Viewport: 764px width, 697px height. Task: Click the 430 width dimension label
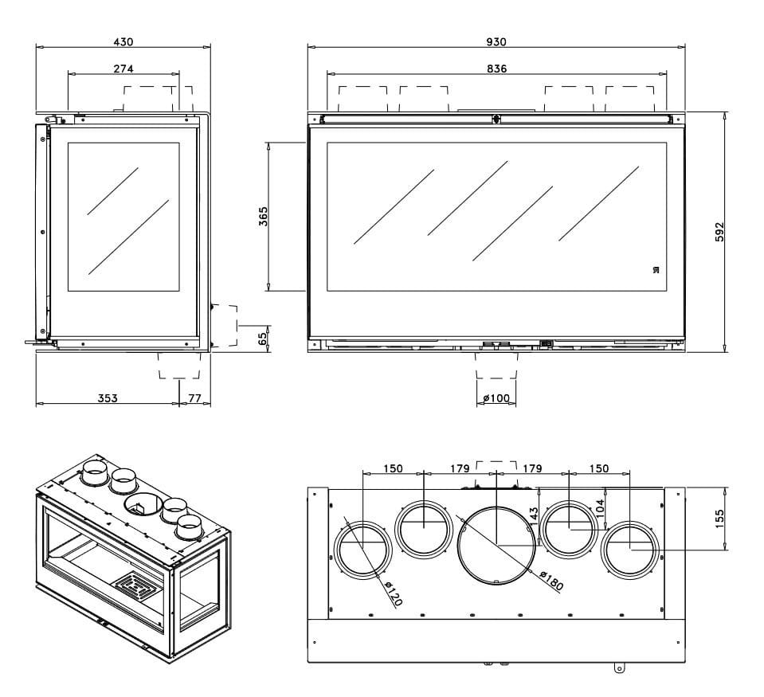(x=123, y=41)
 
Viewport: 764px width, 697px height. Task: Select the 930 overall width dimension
(x=496, y=41)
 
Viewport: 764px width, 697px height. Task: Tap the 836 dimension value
(x=496, y=69)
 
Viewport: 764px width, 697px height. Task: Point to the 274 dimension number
(x=123, y=69)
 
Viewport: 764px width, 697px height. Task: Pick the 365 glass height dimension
(x=264, y=217)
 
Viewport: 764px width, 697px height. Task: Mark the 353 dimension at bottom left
(x=108, y=397)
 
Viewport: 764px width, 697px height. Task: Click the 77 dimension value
(x=195, y=397)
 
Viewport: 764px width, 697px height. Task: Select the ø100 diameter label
(x=496, y=397)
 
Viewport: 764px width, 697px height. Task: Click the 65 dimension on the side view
(x=264, y=338)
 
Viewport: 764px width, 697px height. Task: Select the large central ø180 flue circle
(x=496, y=544)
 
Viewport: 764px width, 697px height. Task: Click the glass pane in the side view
(x=123, y=217)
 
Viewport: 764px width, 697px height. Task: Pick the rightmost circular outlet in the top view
(x=630, y=549)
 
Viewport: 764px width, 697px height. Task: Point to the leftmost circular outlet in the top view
(x=363, y=549)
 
